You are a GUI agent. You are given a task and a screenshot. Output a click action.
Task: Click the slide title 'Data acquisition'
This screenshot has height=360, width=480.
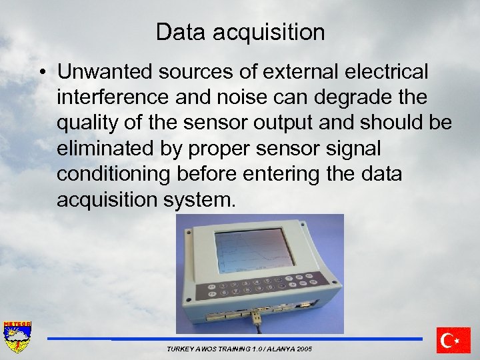click(x=240, y=31)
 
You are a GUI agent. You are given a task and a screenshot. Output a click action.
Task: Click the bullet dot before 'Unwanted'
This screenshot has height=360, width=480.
click(x=42, y=71)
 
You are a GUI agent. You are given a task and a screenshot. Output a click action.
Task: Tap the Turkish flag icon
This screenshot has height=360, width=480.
click(x=453, y=340)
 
